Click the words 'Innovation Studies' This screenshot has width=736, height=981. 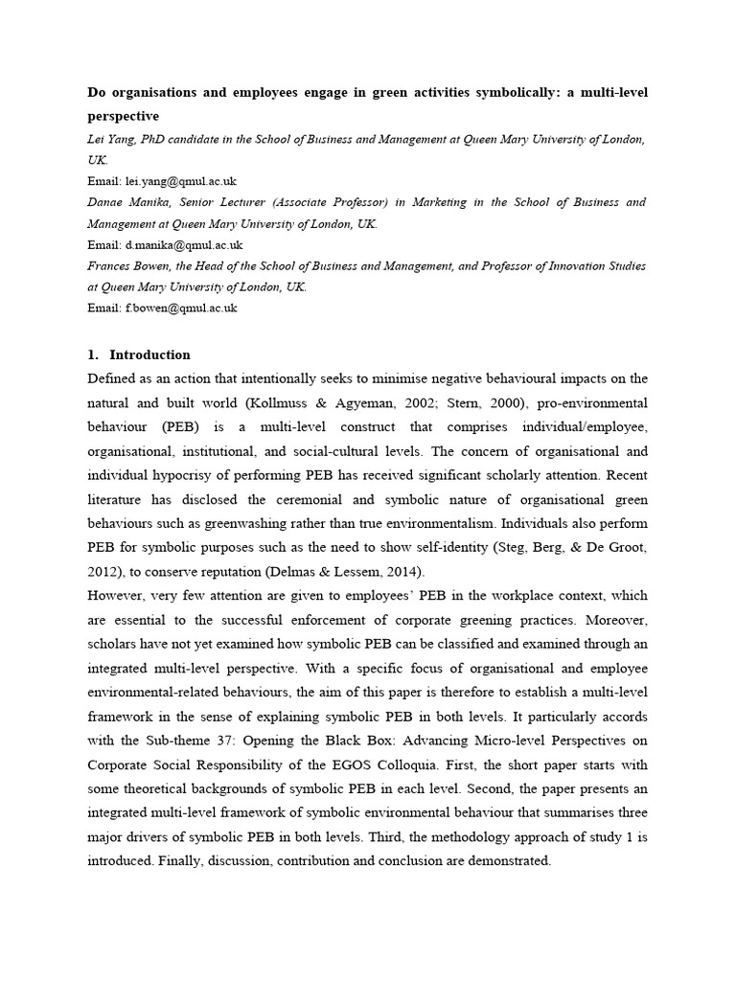click(x=593, y=265)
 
